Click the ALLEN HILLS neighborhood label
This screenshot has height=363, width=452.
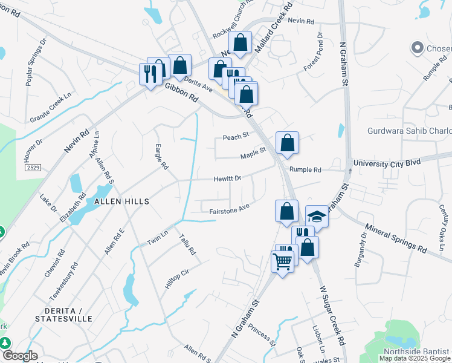point(121,201)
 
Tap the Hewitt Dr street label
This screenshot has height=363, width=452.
point(227,178)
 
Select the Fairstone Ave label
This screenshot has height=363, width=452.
point(230,210)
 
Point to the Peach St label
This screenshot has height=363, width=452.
point(236,136)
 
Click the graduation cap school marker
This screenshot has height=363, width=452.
point(317,216)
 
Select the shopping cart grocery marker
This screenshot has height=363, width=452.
point(282,261)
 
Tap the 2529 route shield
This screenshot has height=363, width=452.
point(34,168)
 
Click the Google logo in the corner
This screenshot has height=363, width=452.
point(19,356)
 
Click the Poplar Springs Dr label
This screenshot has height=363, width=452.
point(36,63)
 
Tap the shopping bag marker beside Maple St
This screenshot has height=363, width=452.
point(288,143)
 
